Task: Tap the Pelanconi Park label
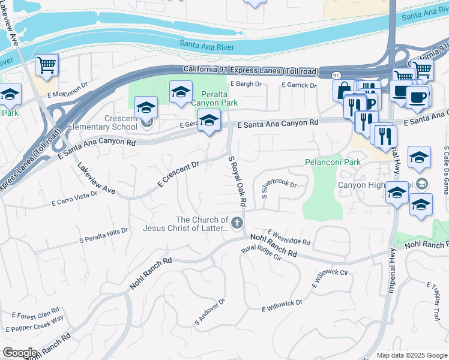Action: pos(333,162)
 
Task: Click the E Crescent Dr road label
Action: pos(178,173)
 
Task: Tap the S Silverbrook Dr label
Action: pos(279,188)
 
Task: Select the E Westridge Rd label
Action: pos(289,238)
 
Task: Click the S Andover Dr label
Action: pos(209,313)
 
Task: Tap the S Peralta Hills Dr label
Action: pos(104,236)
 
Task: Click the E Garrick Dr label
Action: pos(299,85)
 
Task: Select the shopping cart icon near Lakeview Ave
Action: pos(47,65)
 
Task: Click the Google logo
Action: pos(20,353)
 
